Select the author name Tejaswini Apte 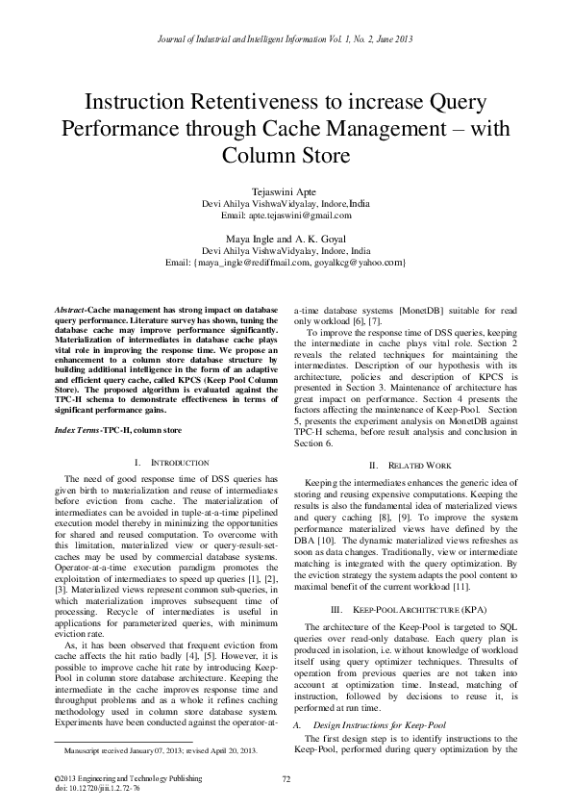(286, 191)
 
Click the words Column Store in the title (286, 154)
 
